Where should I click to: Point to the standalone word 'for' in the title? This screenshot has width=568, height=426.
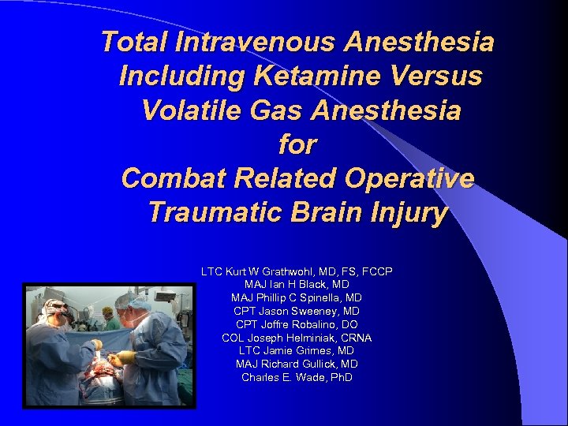coord(297,144)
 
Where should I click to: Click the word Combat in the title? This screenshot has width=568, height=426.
coord(173,178)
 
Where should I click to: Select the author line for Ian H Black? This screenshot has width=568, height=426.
coord(297,285)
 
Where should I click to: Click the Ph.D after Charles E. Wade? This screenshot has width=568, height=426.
coord(340,378)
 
